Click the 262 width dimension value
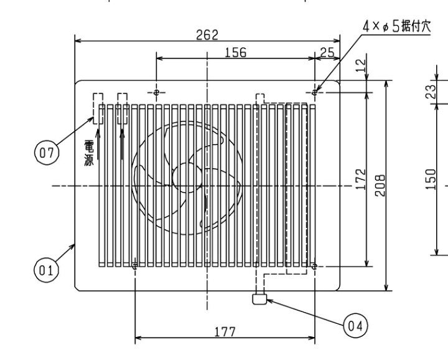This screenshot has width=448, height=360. (207, 35)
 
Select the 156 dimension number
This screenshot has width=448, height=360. (235, 52)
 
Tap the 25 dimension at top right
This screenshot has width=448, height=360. (327, 52)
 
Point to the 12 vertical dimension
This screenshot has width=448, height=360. (361, 65)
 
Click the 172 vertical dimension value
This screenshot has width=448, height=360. (361, 179)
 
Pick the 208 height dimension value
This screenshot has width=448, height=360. (380, 185)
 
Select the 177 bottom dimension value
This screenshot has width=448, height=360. (225, 332)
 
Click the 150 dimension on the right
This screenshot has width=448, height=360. (431, 179)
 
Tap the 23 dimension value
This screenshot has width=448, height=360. (431, 92)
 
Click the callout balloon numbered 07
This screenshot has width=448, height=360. (47, 153)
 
